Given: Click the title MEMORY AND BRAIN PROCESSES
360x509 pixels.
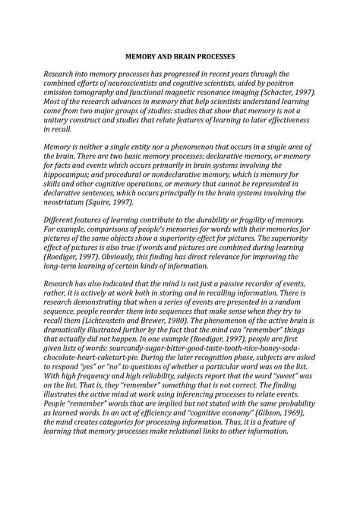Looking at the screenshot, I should coord(180,56).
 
